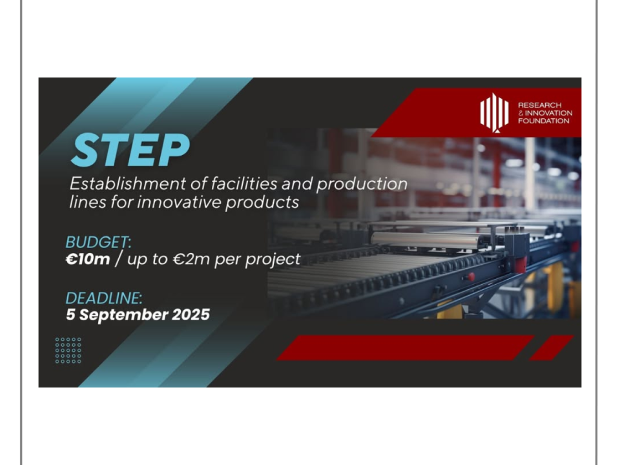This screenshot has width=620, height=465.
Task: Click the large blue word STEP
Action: [x=130, y=150]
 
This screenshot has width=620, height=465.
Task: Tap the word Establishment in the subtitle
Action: [x=128, y=184]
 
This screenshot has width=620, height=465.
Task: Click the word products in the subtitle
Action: [x=262, y=203]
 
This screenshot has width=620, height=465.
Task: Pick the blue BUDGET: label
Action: [x=98, y=242]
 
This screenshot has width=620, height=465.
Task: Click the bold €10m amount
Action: [x=88, y=260]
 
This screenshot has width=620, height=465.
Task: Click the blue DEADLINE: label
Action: [x=103, y=298]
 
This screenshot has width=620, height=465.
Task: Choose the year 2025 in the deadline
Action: [x=191, y=315]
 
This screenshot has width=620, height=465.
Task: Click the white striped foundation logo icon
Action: [x=494, y=112]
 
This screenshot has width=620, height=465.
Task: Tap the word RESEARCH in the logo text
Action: [x=540, y=105]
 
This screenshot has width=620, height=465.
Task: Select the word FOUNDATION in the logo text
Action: [x=544, y=121]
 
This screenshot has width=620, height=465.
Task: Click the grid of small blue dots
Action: [x=68, y=350]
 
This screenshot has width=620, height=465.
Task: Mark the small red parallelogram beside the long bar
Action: [x=551, y=348]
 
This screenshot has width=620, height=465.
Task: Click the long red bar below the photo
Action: [x=406, y=348]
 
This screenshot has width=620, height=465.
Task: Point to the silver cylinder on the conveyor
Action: [x=425, y=239]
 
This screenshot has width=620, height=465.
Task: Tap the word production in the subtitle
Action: [x=362, y=184]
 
